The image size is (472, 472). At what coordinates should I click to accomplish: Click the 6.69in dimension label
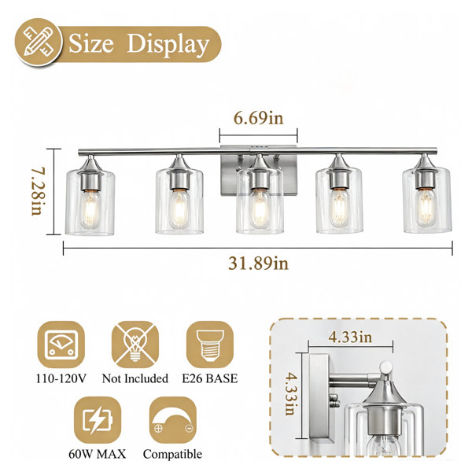[x=259, y=118]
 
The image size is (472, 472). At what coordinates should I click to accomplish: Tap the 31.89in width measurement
[x=258, y=264]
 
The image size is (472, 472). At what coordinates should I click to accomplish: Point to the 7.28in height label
[x=38, y=191]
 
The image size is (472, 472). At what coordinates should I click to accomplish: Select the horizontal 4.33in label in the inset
[x=350, y=337]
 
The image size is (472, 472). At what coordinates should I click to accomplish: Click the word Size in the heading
[x=91, y=43]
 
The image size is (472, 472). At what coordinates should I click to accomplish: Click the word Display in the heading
[x=168, y=45]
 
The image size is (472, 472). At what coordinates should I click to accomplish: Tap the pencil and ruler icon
[x=39, y=42]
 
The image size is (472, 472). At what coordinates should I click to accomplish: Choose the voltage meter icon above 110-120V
[x=61, y=345]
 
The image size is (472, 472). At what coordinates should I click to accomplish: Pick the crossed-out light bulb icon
[x=135, y=345]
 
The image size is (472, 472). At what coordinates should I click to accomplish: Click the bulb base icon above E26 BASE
[x=210, y=345]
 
